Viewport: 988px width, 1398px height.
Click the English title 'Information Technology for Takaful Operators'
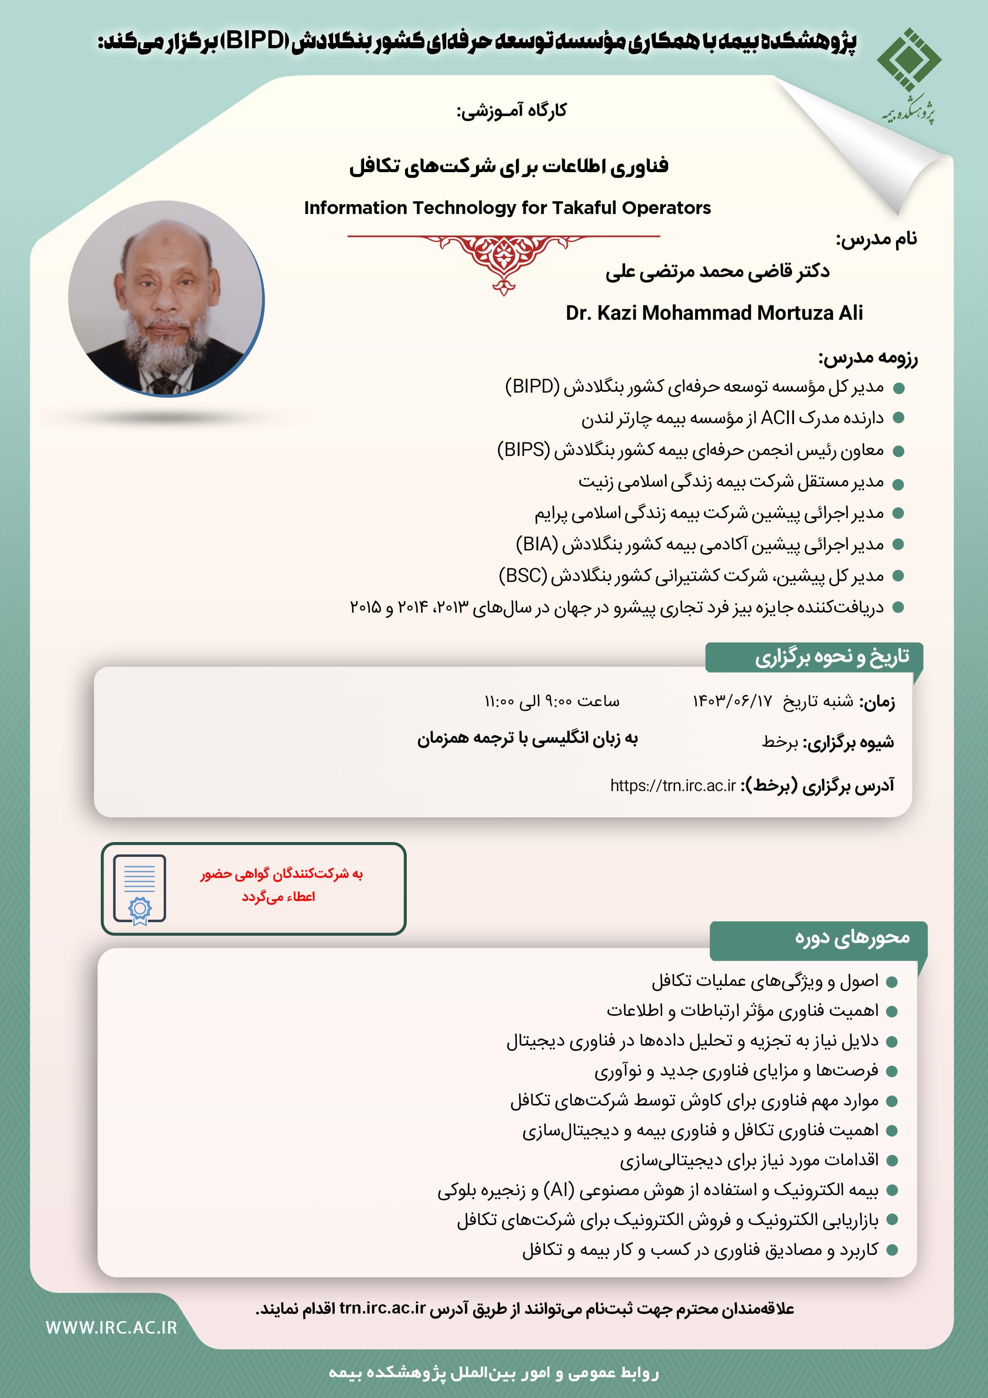click(x=507, y=208)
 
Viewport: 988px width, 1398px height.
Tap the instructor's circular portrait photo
click(x=166, y=298)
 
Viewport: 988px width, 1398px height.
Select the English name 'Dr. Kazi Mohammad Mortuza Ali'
click(x=714, y=312)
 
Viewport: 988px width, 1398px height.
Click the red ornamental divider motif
click(x=504, y=259)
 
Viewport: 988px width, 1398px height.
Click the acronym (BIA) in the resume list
click(x=537, y=544)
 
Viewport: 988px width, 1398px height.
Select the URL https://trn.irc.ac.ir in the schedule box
click(x=673, y=785)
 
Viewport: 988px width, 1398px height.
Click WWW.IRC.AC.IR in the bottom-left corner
click(x=112, y=1327)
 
